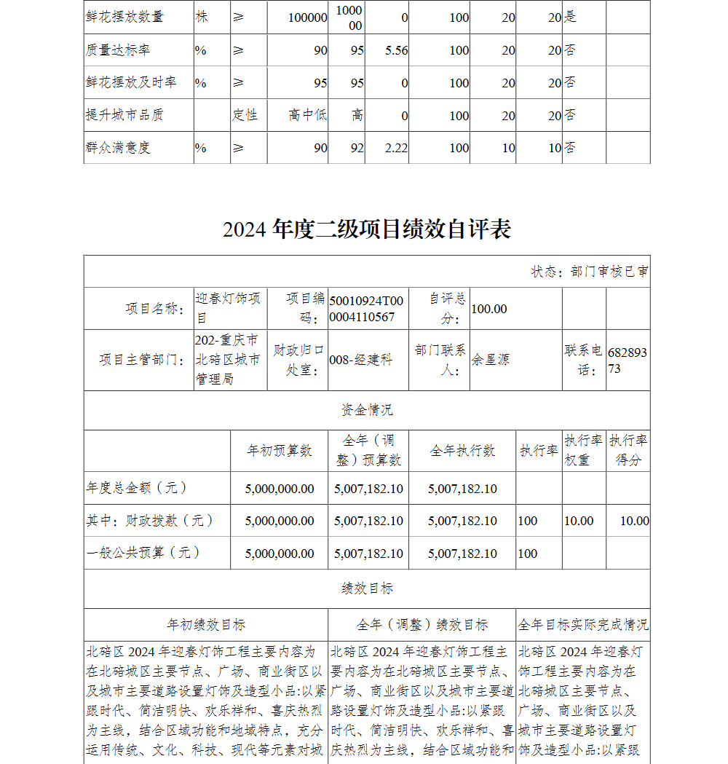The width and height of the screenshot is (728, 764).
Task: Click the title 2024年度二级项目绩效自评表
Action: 367,229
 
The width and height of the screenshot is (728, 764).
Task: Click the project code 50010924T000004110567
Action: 366,308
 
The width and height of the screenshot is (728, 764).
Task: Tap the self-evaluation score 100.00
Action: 489,309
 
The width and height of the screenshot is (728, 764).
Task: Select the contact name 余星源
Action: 491,360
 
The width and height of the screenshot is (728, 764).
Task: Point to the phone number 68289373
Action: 628,361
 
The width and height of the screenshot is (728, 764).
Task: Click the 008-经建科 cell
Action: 361,360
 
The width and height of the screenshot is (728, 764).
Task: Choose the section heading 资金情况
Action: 367,410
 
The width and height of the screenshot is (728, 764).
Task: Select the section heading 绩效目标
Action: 367,588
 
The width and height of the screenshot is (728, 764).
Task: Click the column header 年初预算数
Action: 280,451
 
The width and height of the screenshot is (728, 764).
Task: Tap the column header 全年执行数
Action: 462,451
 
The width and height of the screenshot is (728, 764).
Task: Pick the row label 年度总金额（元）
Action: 137,488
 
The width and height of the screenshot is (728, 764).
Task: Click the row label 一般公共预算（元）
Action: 143,553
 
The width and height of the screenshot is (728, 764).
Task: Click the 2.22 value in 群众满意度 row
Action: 396,148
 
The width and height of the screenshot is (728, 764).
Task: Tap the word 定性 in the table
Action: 245,115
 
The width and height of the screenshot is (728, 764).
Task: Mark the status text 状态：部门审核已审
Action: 589,272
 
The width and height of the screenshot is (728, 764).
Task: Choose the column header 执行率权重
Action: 584,451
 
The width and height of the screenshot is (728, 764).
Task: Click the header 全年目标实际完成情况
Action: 583,625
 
